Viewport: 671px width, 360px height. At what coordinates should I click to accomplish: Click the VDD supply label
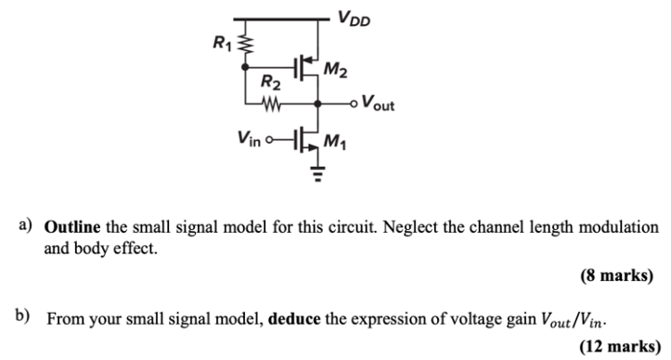tap(355, 16)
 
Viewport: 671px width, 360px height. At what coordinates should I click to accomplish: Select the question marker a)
tap(25, 227)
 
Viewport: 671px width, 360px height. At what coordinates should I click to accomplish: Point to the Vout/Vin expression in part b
tap(575, 320)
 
